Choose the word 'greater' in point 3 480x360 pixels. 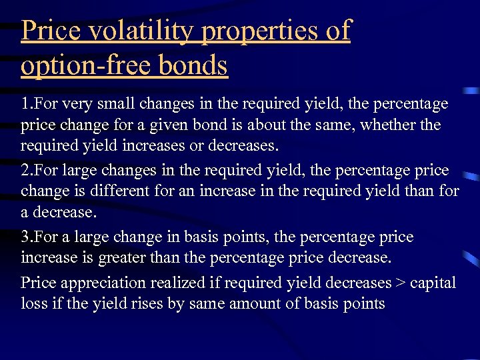tap(124, 258)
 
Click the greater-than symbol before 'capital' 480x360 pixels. tap(400, 283)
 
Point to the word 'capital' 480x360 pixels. tap(433, 283)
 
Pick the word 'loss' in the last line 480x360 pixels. tap(33, 304)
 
